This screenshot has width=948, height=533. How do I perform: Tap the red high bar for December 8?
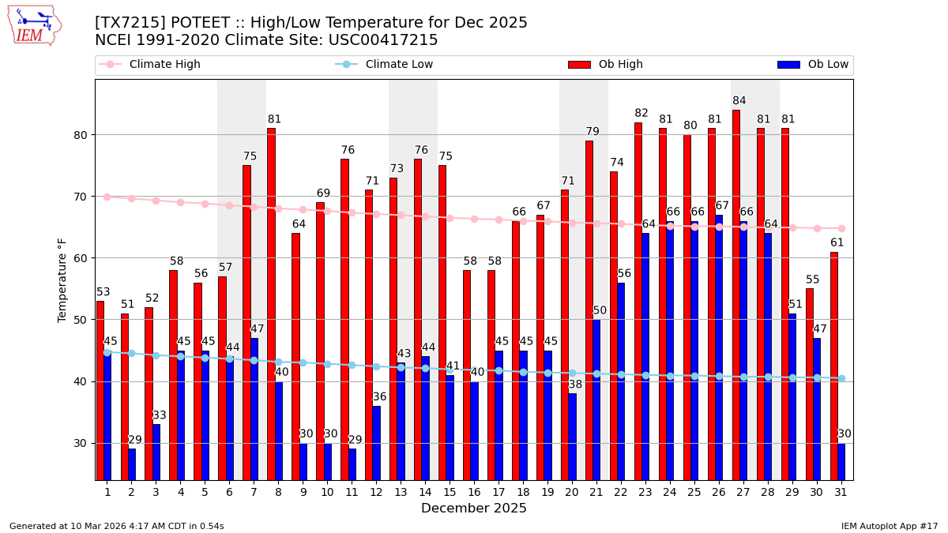point(271,304)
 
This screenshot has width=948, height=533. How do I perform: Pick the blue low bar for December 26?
point(719,347)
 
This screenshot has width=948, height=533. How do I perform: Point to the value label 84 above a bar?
point(739,101)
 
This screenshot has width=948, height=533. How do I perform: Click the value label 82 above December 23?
point(641,114)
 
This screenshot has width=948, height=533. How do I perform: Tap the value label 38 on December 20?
point(576,385)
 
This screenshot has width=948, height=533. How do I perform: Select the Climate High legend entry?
point(164,65)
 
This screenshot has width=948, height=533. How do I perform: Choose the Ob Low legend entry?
point(828,65)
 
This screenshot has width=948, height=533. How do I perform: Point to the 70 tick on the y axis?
point(81,197)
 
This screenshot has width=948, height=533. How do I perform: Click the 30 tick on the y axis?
point(81,443)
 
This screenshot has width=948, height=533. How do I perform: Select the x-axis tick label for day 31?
point(841,492)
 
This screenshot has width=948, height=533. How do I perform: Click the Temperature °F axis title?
point(62,280)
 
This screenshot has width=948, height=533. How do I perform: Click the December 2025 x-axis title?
point(474,509)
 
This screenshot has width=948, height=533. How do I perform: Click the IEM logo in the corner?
point(34,25)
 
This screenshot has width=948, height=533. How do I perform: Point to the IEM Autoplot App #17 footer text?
point(890,526)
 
